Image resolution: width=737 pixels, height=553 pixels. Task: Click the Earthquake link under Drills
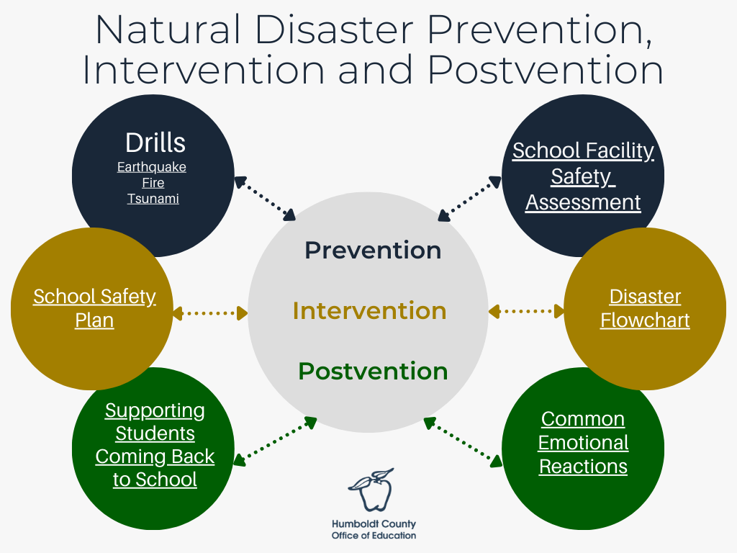tap(152, 167)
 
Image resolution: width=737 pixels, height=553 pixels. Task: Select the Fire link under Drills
tap(153, 183)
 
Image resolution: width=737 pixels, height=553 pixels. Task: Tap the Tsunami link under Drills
tap(153, 198)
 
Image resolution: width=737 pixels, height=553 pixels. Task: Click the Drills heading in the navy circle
tap(155, 143)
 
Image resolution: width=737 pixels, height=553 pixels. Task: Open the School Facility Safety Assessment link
tap(583, 176)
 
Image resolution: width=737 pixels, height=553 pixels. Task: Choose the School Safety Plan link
tap(94, 307)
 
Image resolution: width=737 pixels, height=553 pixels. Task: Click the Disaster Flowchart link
tap(645, 307)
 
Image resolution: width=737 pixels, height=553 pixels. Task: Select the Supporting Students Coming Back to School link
tap(155, 445)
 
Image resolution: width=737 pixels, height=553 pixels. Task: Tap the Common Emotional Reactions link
tap(583, 442)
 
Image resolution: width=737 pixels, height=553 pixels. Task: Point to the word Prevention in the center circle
tap(373, 250)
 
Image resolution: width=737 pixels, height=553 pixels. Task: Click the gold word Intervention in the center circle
tap(369, 310)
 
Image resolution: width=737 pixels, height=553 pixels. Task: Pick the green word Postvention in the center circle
tap(373, 372)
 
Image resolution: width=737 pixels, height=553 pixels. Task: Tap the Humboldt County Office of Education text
tap(374, 530)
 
